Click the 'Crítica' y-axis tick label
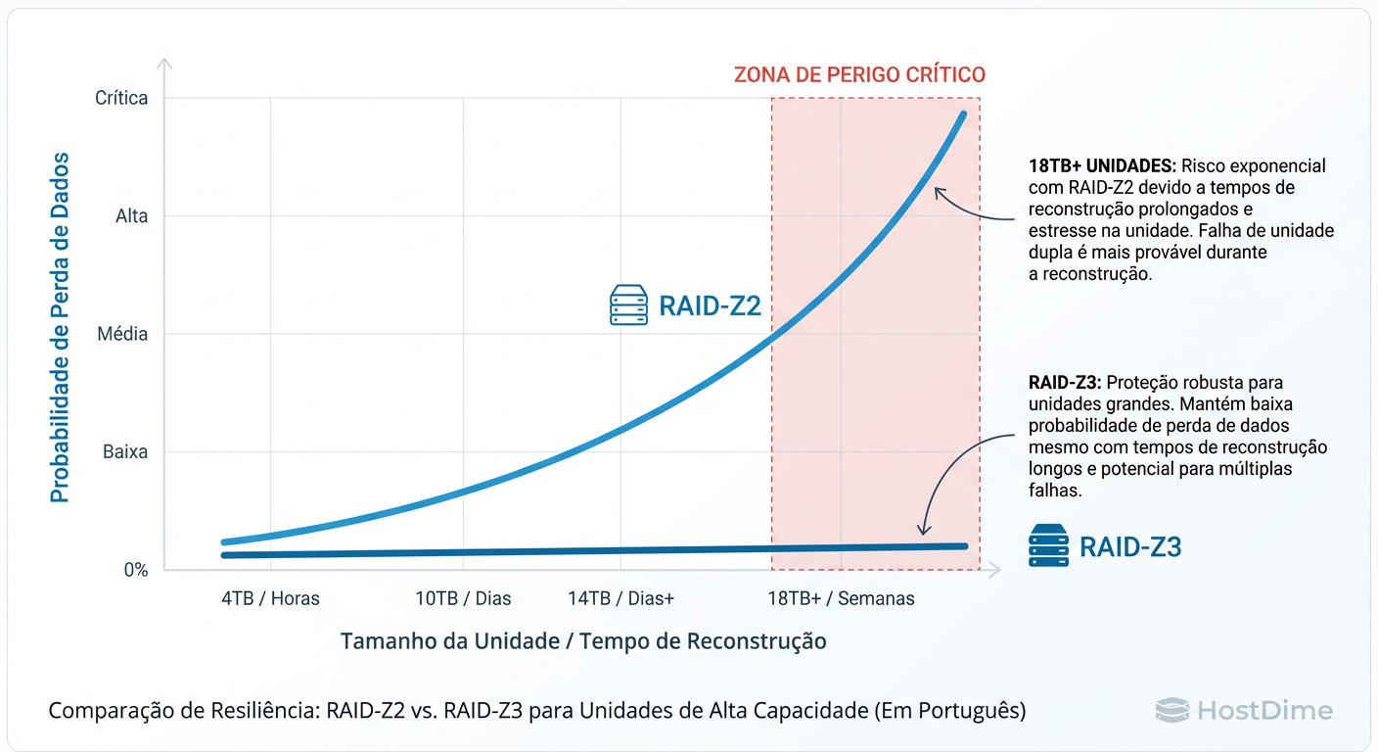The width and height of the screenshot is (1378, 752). (x=121, y=98)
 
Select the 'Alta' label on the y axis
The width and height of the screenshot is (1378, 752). (x=131, y=216)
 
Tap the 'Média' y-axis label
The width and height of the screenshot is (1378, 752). (x=122, y=335)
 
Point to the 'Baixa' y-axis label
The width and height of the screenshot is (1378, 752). (x=124, y=452)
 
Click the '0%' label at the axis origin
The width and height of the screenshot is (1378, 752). (x=135, y=570)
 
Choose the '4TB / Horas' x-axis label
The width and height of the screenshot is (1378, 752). (x=270, y=598)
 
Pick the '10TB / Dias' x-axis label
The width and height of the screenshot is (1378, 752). (x=463, y=598)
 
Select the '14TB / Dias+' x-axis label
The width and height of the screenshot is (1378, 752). (x=620, y=598)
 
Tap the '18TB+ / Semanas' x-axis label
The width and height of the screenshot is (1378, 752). (x=841, y=598)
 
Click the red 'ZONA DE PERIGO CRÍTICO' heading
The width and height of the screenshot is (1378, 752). (x=859, y=74)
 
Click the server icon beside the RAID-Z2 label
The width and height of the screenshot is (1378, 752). (x=628, y=305)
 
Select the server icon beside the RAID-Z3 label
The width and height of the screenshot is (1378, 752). (x=1048, y=545)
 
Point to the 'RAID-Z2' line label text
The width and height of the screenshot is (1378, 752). (x=710, y=306)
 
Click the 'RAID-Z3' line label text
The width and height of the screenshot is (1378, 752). (x=1130, y=546)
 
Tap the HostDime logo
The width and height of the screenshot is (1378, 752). (x=1244, y=710)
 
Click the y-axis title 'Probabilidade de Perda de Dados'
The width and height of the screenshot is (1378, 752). (x=61, y=326)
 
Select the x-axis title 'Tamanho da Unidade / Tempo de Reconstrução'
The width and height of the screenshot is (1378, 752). (x=583, y=641)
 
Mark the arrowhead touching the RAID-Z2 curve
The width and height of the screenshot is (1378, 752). (x=938, y=191)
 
